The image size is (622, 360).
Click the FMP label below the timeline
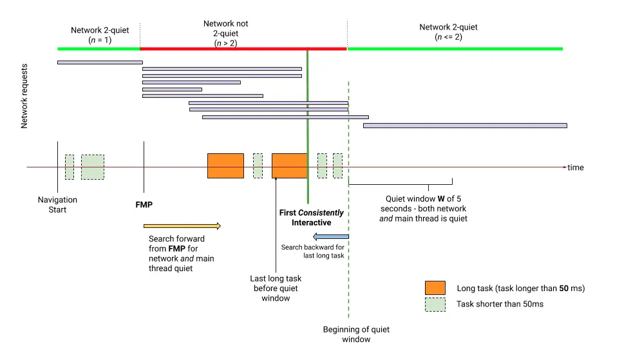[x=144, y=205]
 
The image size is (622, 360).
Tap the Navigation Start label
[x=57, y=205]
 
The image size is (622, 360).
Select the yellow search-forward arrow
[x=182, y=226]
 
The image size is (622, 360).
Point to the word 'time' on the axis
[x=576, y=167]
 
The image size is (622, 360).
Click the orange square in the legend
[x=435, y=288]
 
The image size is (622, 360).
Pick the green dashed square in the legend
[x=435, y=304]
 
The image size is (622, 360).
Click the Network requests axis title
[x=24, y=95]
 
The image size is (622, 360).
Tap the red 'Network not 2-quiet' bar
[x=243, y=48]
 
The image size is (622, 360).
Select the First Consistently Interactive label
[x=311, y=218]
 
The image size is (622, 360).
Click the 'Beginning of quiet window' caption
[x=356, y=334]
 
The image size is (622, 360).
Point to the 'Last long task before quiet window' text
[x=276, y=288]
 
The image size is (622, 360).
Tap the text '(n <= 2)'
[x=448, y=37]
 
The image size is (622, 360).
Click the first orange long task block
[x=225, y=166]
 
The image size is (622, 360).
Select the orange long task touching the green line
[x=289, y=166]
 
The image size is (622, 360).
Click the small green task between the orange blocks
[x=258, y=166]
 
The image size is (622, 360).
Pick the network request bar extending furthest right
[x=464, y=126]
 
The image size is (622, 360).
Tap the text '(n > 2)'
[x=225, y=43]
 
